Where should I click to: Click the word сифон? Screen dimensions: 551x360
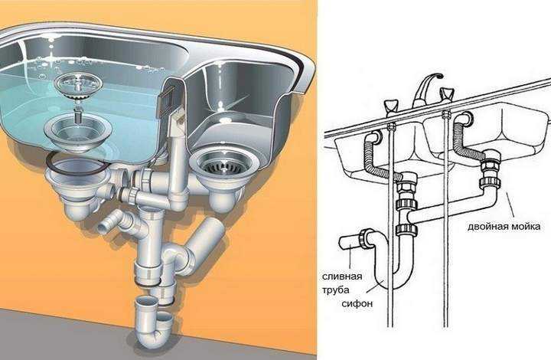[357, 303]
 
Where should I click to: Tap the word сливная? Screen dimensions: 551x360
[342, 277]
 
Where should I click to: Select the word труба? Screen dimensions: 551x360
[336, 290]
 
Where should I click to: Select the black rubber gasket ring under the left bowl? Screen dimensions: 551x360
[77, 163]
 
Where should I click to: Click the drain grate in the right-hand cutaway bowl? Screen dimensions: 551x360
[223, 165]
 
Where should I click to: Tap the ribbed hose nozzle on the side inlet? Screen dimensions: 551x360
[106, 226]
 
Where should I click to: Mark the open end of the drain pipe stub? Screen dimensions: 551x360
[341, 244]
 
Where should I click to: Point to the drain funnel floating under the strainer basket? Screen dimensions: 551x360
[78, 133]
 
